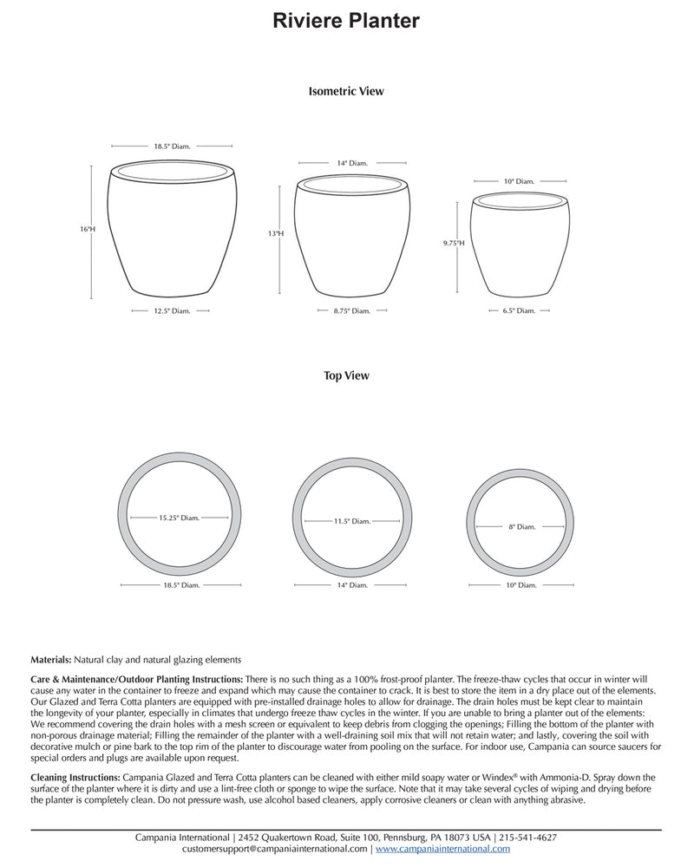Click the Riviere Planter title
pos(346,21)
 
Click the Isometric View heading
pos(346,90)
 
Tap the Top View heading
pos(346,375)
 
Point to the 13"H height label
pos(276,234)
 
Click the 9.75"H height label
pos(454,244)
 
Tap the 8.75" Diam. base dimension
pos(351,310)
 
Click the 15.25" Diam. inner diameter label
pos(179,518)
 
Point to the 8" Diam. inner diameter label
pos(521,526)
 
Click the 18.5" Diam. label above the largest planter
pos(172,147)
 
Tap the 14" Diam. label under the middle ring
pos(351,586)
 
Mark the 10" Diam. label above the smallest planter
pos(519,181)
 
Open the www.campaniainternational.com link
pos(442,850)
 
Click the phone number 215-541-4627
pos(528,838)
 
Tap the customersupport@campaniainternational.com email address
pos(251,850)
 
